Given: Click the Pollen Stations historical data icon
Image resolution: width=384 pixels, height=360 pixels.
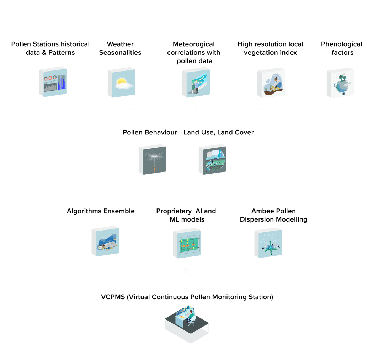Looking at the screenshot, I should click(x=53, y=81).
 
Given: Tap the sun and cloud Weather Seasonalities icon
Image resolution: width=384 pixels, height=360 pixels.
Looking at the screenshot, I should click(x=121, y=83).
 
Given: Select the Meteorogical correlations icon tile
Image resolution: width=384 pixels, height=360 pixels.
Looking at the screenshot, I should click(x=196, y=82).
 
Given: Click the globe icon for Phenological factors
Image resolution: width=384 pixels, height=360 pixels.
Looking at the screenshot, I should click(x=340, y=83).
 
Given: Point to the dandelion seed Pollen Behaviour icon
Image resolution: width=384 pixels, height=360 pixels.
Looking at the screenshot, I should click(x=153, y=159).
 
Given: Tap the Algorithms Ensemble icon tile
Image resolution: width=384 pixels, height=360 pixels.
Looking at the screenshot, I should click(x=106, y=241).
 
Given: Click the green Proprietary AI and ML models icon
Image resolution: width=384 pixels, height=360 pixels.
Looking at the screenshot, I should click(x=187, y=243).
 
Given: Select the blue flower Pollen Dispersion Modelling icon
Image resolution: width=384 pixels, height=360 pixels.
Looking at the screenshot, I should click(x=268, y=243).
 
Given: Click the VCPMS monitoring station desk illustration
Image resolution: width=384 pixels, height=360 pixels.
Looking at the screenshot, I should click(x=187, y=323).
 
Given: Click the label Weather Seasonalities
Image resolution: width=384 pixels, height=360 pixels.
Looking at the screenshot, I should click(x=120, y=48).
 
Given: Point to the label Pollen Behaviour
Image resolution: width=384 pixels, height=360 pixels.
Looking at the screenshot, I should click(x=150, y=132).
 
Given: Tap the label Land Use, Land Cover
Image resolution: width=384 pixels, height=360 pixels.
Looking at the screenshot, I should click(x=219, y=132).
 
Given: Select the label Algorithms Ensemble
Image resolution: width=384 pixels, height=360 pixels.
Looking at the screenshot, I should click(x=101, y=211).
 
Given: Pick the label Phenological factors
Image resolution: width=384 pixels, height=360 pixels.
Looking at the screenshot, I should click(x=341, y=48).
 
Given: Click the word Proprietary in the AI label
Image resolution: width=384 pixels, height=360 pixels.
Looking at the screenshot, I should click(x=174, y=211).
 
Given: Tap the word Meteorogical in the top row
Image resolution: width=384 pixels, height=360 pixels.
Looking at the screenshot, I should click(x=193, y=44).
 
